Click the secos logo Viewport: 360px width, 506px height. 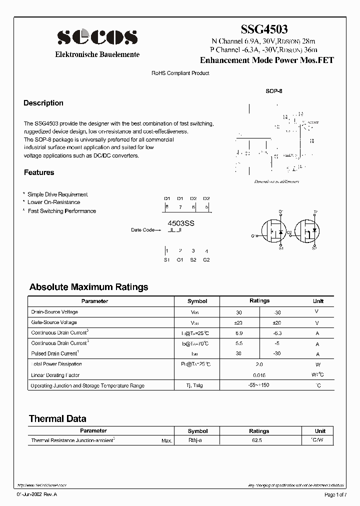tap(97, 37)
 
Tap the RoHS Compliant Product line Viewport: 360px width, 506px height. tap(180, 73)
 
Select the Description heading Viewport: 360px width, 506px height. tap(43, 103)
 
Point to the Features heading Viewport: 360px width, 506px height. tap(39, 172)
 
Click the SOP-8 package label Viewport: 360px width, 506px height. tap(274, 92)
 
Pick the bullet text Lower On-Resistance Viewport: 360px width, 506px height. tap(53, 202)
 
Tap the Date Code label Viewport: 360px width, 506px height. tap(143, 230)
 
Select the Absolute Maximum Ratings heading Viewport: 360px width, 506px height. tap(88, 287)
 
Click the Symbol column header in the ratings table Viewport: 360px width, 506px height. tap(197, 301)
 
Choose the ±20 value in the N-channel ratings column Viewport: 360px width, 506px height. tap(238, 323)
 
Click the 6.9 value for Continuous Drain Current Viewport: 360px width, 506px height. tap(238, 333)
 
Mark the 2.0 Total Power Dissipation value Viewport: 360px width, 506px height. tap(259, 365)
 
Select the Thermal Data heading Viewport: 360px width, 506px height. tap(57, 419)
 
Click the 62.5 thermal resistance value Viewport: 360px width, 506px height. tap(259, 440)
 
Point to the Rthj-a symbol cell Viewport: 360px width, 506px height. tap(195, 440)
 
